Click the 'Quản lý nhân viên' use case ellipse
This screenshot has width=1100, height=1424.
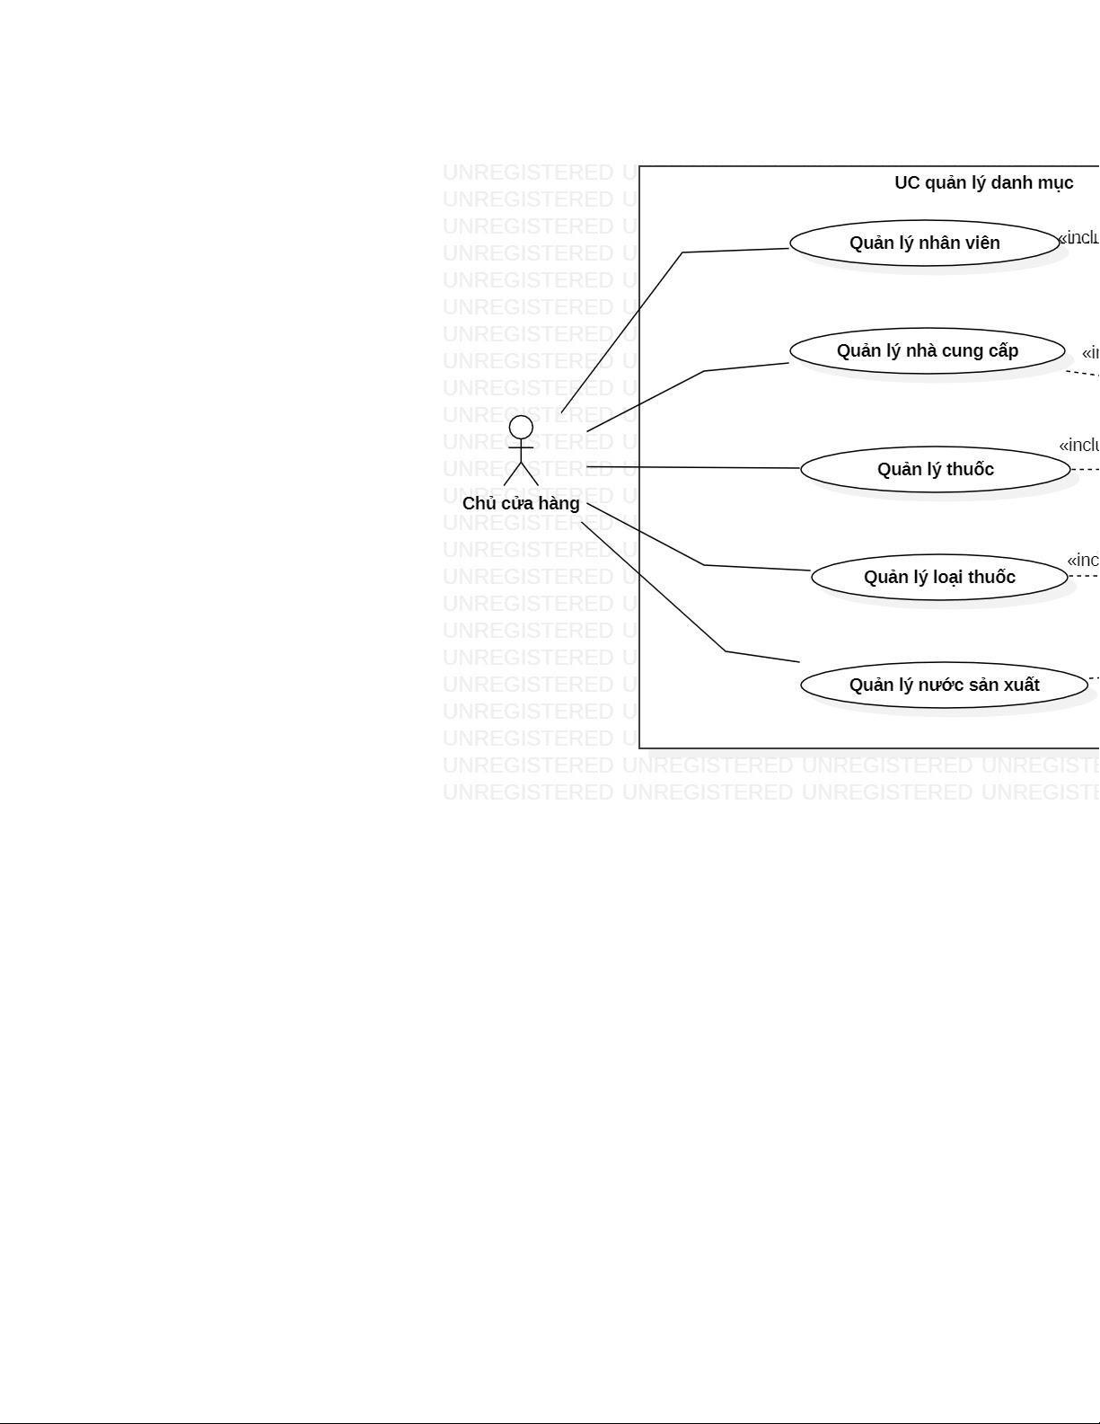(x=924, y=243)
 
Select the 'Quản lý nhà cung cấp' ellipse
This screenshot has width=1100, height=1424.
(x=927, y=350)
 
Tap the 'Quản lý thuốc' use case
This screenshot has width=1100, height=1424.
(x=935, y=469)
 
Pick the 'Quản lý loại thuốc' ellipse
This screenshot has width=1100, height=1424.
(x=939, y=577)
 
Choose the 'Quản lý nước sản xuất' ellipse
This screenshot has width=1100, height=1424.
(x=944, y=685)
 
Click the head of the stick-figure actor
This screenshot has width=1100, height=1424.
(x=521, y=427)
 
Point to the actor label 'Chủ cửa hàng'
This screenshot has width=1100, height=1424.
(x=521, y=503)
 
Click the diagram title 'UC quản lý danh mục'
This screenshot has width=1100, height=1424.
(x=983, y=183)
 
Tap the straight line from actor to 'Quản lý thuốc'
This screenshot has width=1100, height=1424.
(x=700, y=467)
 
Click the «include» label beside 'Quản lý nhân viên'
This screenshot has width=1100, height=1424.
(x=1078, y=238)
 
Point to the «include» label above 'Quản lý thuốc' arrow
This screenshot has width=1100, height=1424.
(x=1078, y=446)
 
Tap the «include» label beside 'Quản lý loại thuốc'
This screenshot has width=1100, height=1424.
(x=1083, y=561)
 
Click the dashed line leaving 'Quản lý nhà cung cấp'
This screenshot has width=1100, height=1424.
(x=1082, y=373)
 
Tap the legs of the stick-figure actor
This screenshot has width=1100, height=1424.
(x=521, y=473)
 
